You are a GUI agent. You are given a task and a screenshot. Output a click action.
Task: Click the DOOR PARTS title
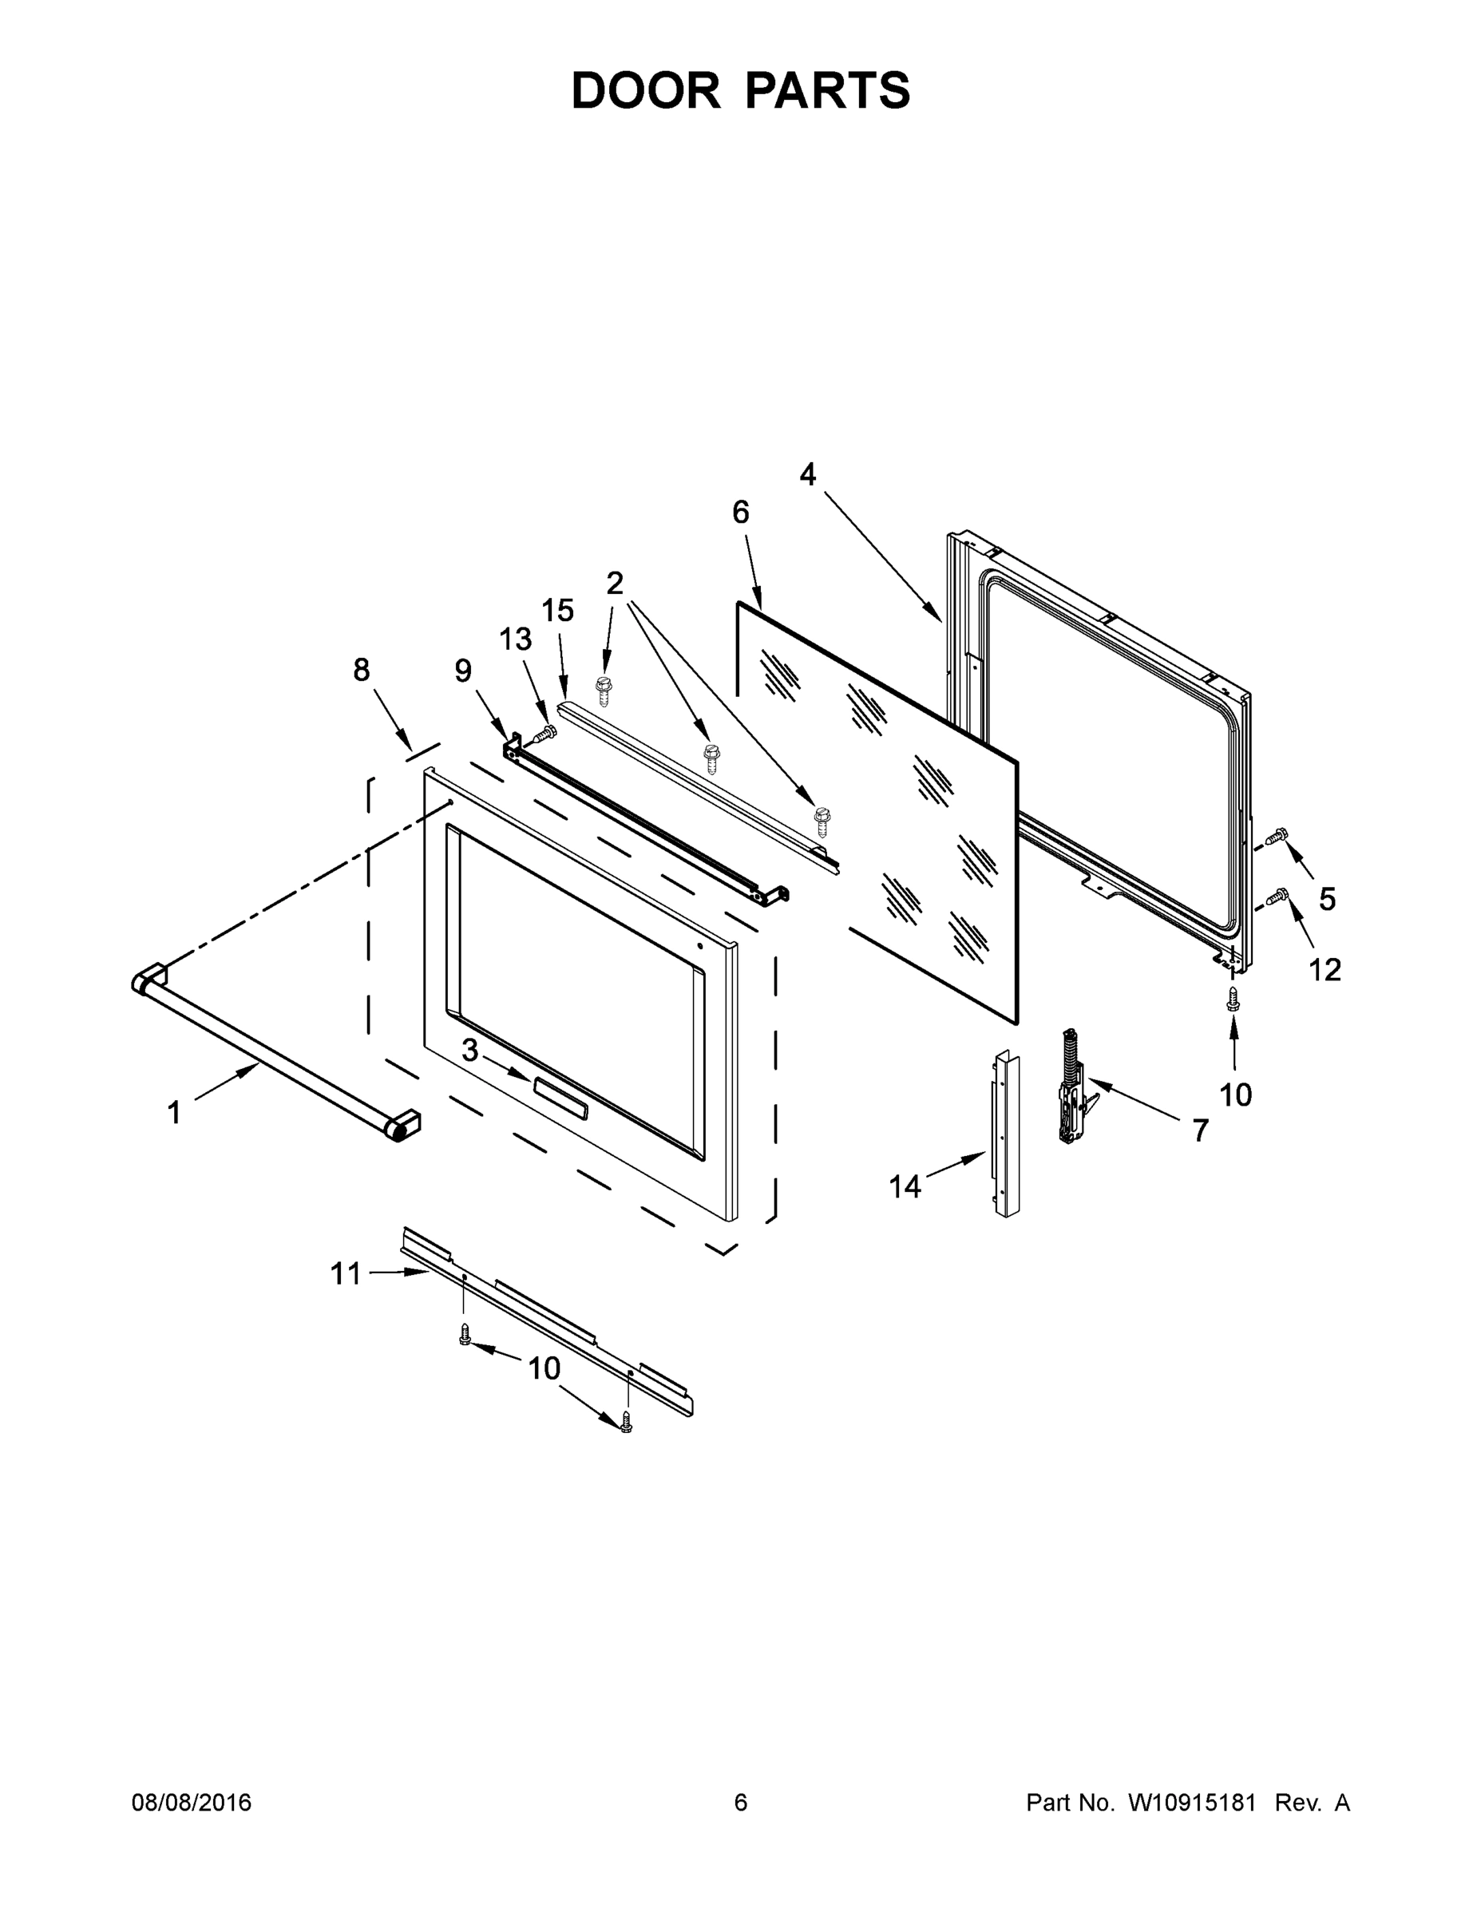coord(741,91)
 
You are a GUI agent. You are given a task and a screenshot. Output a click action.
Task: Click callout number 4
coord(807,475)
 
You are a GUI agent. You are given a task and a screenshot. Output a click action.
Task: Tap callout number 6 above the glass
coord(741,513)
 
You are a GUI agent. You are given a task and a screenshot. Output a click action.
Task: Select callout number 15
coord(558,611)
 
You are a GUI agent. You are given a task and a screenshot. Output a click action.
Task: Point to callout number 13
coord(516,639)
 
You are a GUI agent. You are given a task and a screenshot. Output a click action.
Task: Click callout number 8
coord(362,671)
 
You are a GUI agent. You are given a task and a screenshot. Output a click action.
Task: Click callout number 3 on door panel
coord(470,1050)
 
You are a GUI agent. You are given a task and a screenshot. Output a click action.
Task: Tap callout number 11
coord(346,1274)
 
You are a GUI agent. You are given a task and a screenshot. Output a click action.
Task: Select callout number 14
coord(905,1187)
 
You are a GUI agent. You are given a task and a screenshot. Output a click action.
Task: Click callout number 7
coord(1200,1130)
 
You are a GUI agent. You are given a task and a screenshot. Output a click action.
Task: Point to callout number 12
coord(1325,969)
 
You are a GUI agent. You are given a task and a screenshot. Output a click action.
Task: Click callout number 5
coord(1327,898)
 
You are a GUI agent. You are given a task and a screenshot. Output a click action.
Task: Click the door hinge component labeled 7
coord(1072,1088)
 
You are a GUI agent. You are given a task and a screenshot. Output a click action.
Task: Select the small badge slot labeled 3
coord(560,1096)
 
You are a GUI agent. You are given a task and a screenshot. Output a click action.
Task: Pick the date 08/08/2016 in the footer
coord(192,1802)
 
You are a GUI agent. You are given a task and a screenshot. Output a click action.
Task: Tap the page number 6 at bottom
coord(741,1802)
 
